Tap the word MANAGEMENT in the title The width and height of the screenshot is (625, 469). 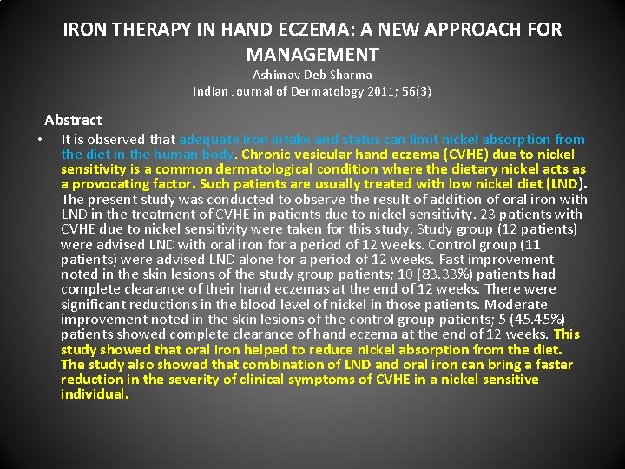pyautogui.click(x=312, y=54)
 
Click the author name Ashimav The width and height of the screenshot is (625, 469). pyautogui.click(x=280, y=76)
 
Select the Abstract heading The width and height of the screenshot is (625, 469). pyautogui.click(x=73, y=120)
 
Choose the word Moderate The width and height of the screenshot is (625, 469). pyautogui.click(x=516, y=304)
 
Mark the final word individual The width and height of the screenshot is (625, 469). pyautogui.click(x=95, y=394)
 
